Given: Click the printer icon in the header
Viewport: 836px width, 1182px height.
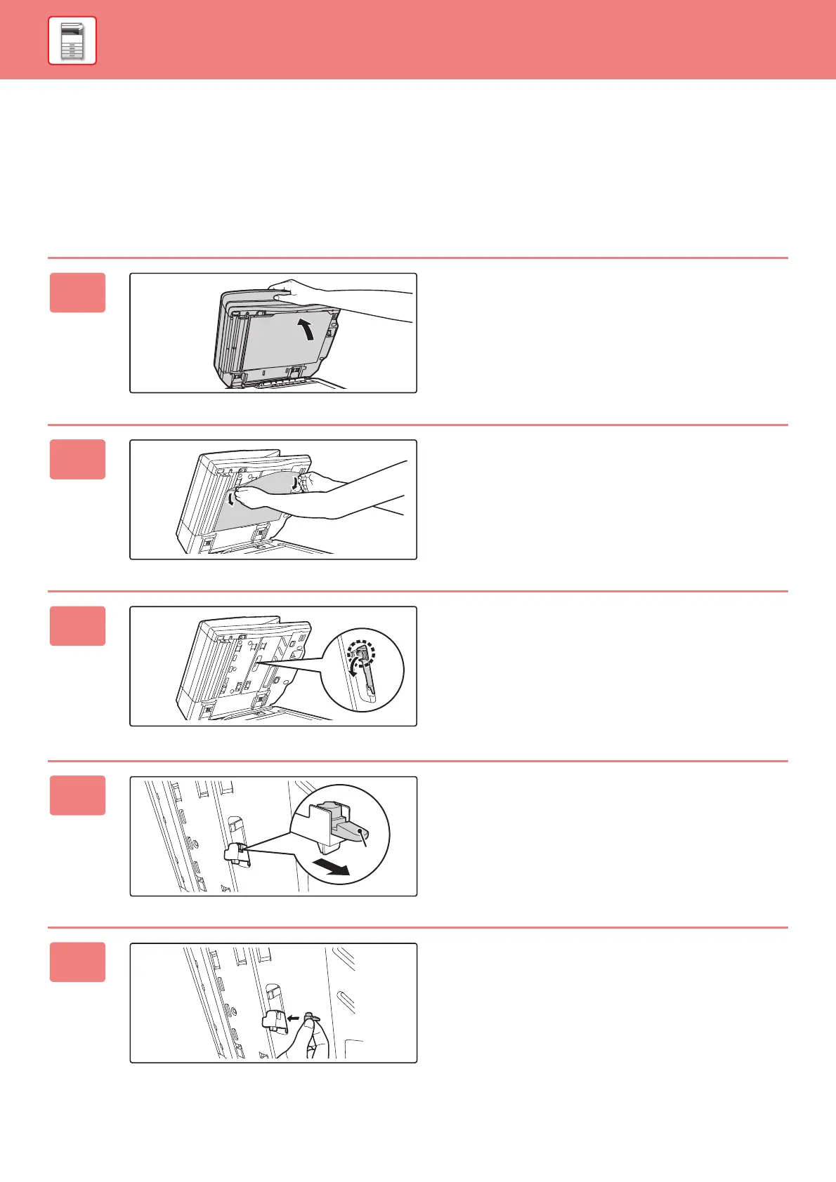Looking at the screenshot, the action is pyautogui.click(x=72, y=41).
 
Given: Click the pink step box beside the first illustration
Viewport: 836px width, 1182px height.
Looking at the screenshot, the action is pyautogui.click(x=77, y=293).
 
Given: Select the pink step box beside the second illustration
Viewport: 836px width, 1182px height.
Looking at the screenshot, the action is pyautogui.click(x=77, y=459).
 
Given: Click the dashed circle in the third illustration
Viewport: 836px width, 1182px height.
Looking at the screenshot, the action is pyautogui.click(x=363, y=653).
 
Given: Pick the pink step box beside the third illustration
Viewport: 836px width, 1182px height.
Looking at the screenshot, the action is pyautogui.click(x=77, y=626).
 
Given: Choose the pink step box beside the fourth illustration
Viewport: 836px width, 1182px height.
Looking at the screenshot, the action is pyautogui.click(x=77, y=795).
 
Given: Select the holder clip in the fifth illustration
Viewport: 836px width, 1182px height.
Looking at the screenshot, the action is pyautogui.click(x=275, y=1022).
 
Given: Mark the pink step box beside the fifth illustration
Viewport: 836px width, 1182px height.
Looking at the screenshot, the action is pyautogui.click(x=77, y=962).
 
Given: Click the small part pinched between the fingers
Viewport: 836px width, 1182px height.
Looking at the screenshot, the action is pyautogui.click(x=313, y=1016).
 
